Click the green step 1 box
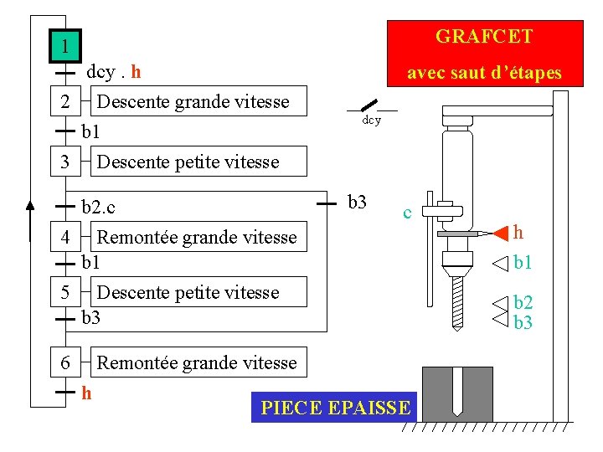(64, 46)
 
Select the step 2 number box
(65, 103)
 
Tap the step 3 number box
(65, 162)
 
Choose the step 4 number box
(65, 237)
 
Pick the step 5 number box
(65, 292)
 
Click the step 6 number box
(65, 362)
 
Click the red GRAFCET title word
(484, 37)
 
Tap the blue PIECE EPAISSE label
(336, 408)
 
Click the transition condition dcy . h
(114, 72)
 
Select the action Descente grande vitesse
(193, 102)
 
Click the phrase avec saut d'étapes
(484, 74)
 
